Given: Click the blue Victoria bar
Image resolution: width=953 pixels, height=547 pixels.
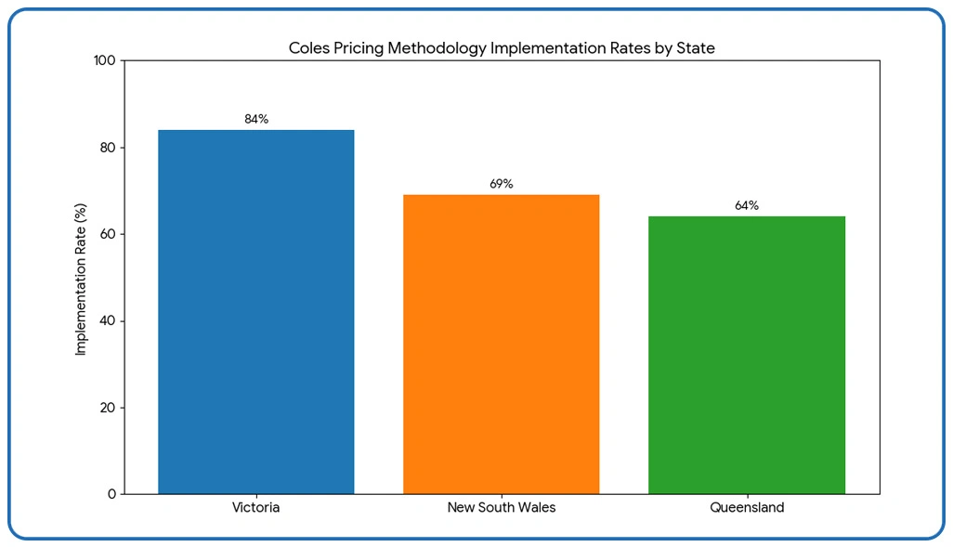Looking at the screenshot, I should pyautogui.click(x=255, y=312).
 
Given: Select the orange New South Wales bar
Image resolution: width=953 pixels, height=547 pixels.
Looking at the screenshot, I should pyautogui.click(x=501, y=345).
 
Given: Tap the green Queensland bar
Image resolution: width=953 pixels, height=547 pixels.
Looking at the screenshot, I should pyautogui.click(x=746, y=355).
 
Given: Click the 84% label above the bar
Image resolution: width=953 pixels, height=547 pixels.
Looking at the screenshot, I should pyautogui.click(x=256, y=119).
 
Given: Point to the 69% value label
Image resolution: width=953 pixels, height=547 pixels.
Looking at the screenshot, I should pyautogui.click(x=502, y=184).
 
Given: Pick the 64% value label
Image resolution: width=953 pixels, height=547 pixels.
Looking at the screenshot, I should pyautogui.click(x=747, y=205).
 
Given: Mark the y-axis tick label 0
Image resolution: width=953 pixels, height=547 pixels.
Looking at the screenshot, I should pyautogui.click(x=111, y=494).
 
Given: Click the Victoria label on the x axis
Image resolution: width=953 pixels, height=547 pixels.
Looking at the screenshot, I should pyautogui.click(x=255, y=508).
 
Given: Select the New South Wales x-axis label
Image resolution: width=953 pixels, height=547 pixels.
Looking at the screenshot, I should pyautogui.click(x=501, y=508).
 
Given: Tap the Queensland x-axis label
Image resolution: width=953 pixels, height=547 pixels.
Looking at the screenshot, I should pyautogui.click(x=747, y=508).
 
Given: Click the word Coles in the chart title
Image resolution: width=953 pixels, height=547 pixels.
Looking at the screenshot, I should pyautogui.click(x=308, y=48).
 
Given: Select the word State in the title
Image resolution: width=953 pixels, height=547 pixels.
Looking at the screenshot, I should pyautogui.click(x=695, y=48).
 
